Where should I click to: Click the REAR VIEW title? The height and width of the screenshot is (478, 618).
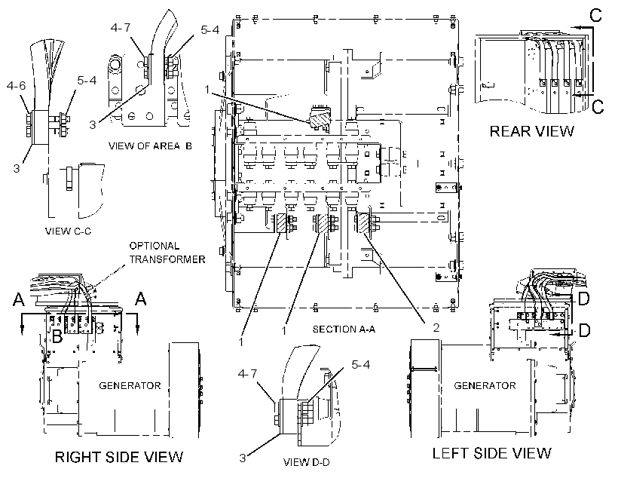click(x=531, y=131)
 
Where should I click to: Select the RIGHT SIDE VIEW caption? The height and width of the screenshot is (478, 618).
click(x=118, y=457)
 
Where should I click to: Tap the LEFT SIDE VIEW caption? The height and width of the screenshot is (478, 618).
click(x=491, y=453)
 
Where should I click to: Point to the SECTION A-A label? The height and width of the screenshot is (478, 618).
click(x=344, y=329)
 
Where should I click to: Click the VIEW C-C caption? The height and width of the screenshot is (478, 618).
click(x=68, y=231)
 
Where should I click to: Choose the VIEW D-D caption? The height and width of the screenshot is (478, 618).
click(x=306, y=462)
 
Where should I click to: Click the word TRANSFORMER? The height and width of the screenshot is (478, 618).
click(x=167, y=259)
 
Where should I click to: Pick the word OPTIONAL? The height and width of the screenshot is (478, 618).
click(x=154, y=246)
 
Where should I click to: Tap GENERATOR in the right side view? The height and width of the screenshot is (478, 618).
click(x=130, y=385)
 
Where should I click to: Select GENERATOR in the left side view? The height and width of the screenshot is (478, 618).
click(x=485, y=385)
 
